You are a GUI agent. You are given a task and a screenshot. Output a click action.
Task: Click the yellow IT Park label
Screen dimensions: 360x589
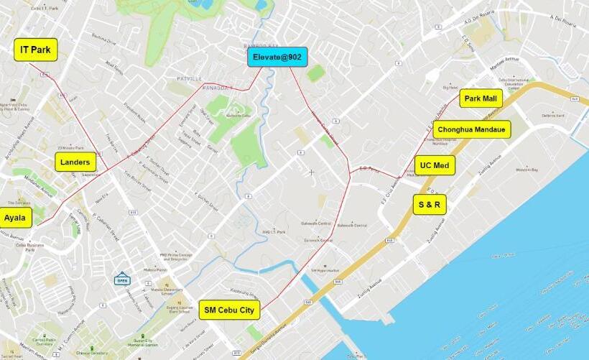[x=35, y=50]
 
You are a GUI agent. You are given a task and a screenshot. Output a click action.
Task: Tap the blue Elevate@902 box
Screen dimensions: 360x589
[x=277, y=57]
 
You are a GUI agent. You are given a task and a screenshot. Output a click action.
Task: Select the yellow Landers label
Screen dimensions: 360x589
[x=75, y=162]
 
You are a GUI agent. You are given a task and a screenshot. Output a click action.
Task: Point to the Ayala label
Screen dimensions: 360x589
[x=15, y=217]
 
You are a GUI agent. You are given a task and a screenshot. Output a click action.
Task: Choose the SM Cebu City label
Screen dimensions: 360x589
[x=229, y=310]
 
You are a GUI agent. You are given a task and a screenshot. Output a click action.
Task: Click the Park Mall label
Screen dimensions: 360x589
[x=481, y=98]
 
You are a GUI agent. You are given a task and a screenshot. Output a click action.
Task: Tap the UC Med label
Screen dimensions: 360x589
[x=435, y=165]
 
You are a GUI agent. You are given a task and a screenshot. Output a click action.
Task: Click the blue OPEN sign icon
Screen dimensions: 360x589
[x=122, y=278]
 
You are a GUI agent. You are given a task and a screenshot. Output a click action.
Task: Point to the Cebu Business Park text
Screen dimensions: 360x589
[x=31, y=246]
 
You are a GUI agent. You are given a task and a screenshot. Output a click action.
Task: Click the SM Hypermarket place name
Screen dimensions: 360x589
[x=324, y=269]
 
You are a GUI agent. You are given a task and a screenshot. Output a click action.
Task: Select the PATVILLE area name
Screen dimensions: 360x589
[x=190, y=77]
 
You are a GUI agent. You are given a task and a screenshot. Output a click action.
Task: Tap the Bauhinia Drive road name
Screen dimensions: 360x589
[x=104, y=42]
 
